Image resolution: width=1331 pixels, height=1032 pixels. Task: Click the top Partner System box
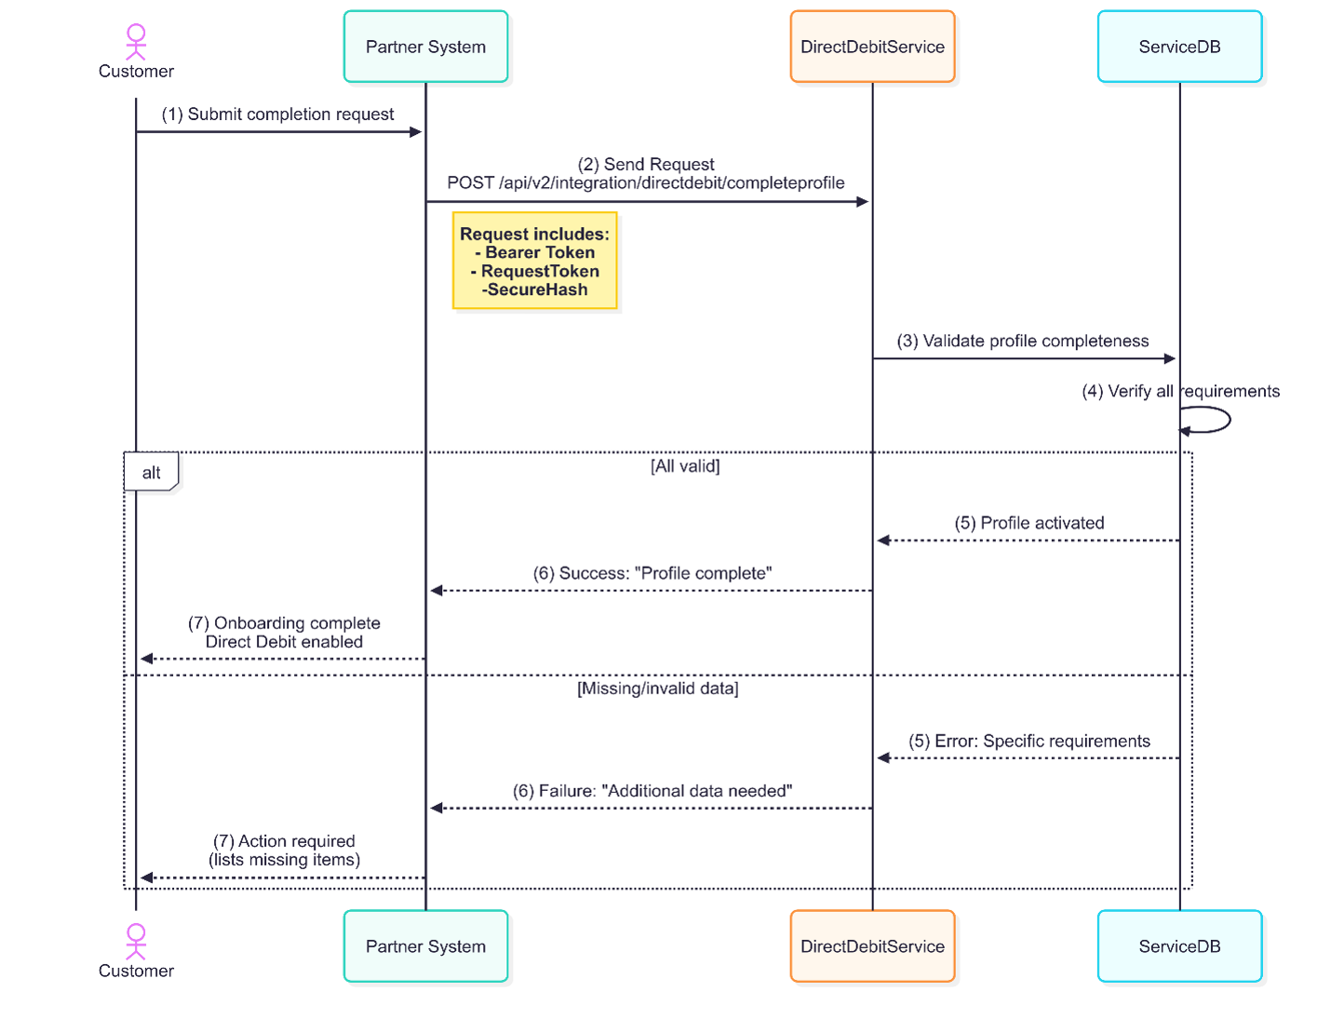[425, 47]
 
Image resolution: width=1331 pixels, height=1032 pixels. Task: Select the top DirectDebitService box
[872, 47]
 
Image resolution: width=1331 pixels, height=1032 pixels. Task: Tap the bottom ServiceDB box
[1179, 946]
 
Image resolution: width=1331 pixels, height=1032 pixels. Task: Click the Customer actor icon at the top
[136, 42]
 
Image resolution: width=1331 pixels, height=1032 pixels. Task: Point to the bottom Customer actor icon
[136, 941]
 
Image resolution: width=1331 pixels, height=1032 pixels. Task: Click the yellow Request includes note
[534, 261]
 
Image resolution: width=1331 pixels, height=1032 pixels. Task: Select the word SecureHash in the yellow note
[537, 290]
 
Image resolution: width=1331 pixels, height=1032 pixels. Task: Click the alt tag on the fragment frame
[151, 473]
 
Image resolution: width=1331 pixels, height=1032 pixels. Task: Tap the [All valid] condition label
[685, 466]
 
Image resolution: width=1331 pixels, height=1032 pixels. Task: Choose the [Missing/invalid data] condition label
[657, 689]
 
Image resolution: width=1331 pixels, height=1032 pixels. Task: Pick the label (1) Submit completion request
[277, 114]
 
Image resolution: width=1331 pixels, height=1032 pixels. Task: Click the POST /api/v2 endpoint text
[646, 183]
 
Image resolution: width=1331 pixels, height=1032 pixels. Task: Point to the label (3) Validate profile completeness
[1022, 342]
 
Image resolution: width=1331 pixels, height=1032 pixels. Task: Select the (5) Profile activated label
[1028, 523]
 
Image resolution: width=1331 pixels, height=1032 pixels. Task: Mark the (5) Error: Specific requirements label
[1028, 742]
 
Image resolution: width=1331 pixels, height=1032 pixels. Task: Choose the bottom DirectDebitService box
[872, 946]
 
